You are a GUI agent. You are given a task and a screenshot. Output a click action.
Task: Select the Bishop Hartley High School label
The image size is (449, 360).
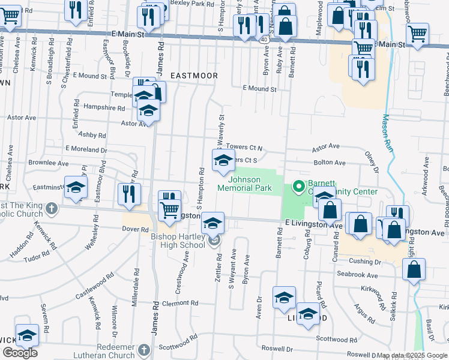pyautogui.click(x=178, y=240)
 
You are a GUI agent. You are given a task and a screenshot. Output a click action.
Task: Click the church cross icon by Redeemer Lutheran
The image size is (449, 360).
pyautogui.click(x=143, y=349)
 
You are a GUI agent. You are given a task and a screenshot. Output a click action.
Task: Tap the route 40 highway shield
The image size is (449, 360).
pyautogui.click(x=265, y=40)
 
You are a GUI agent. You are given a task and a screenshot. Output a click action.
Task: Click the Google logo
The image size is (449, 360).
pyautogui.click(x=20, y=353)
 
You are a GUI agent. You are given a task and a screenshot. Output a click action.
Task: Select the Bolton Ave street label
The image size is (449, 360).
pyautogui.click(x=329, y=163)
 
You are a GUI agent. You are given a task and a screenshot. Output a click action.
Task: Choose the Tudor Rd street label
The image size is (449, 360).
pyautogui.click(x=37, y=255)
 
